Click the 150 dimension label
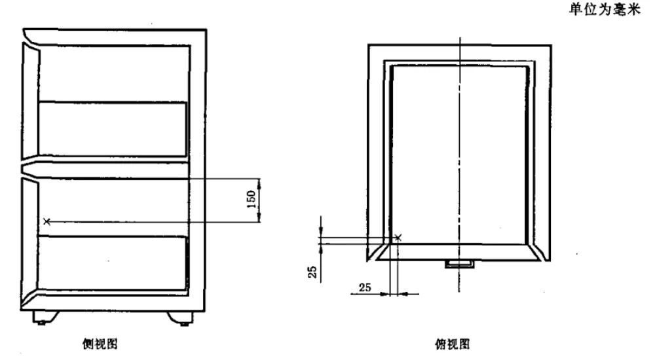point(251,200)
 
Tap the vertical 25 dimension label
point(312,272)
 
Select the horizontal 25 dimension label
point(365,287)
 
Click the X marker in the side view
point(47,221)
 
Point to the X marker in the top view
point(398,237)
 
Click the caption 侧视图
point(100,344)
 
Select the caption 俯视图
point(453,344)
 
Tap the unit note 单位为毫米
point(605,9)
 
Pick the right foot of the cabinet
point(181,318)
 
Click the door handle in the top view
point(459,264)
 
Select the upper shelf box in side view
point(113,129)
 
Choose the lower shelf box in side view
point(112,262)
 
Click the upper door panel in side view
point(30,100)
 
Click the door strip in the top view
point(458,252)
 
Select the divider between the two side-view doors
point(104,171)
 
